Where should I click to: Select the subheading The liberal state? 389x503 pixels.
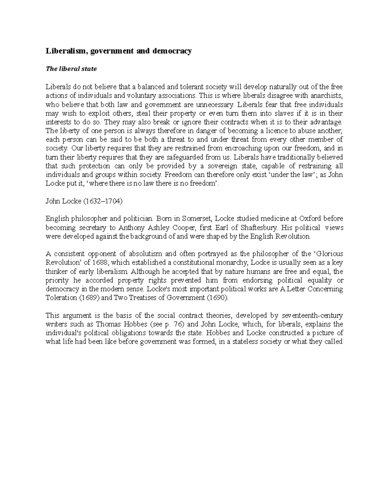tap(71, 69)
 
